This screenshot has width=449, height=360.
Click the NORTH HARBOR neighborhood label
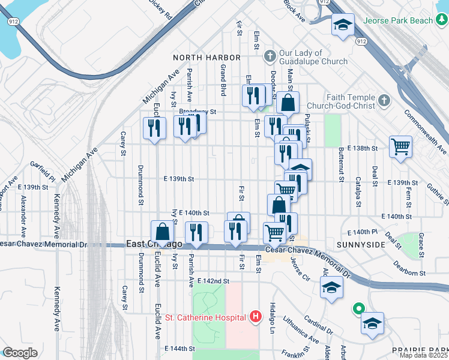pyautogui.click(x=206, y=58)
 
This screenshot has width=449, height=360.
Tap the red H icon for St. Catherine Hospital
pyautogui.click(x=256, y=316)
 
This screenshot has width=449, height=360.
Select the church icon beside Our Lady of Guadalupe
pyautogui.click(x=270, y=56)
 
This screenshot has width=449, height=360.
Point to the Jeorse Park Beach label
pyautogui.click(x=414, y=20)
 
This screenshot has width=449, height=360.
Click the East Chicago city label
pyautogui.click(x=154, y=244)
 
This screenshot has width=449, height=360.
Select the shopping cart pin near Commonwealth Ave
pyautogui.click(x=400, y=146)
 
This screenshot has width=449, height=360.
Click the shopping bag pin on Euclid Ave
pyautogui.click(x=162, y=231)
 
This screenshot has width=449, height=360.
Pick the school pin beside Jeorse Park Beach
pyautogui.click(x=343, y=25)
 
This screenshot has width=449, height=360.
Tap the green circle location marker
pyautogui.click(x=358, y=309)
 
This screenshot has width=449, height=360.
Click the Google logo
pyautogui.click(x=19, y=353)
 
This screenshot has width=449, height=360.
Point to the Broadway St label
pyautogui.click(x=197, y=112)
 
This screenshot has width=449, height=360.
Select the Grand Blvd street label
pyautogui.click(x=223, y=80)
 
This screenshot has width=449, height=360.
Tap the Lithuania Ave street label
pyautogui.click(x=301, y=330)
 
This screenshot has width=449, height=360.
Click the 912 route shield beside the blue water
pyautogui.click(x=13, y=22)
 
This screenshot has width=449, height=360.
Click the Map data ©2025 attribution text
pyautogui.click(x=423, y=355)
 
